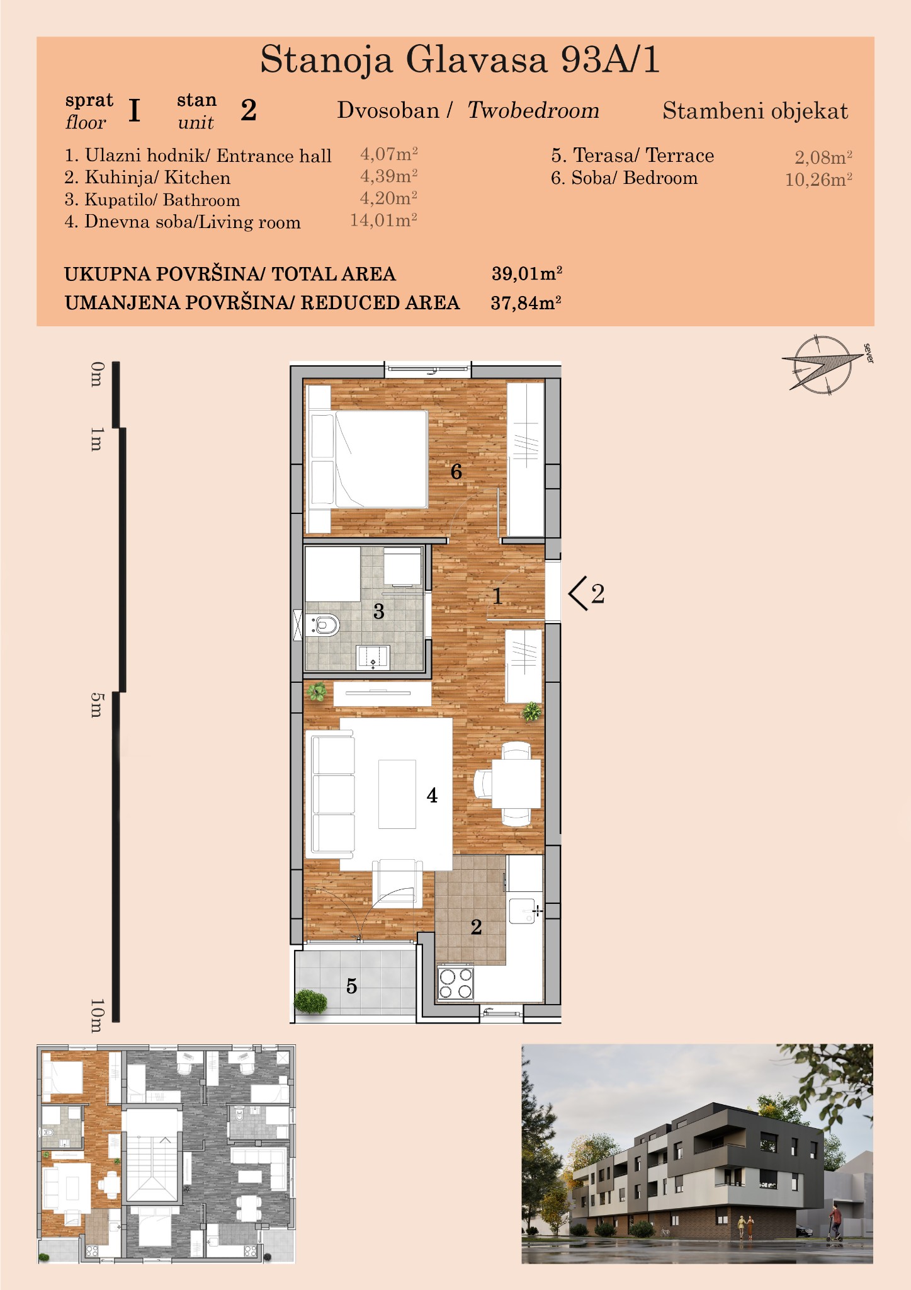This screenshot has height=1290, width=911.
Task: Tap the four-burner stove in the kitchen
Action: [456, 983]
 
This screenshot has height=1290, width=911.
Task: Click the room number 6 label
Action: [456, 471]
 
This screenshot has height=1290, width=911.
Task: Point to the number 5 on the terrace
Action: [351, 986]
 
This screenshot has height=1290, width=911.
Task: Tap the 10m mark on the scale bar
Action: [96, 1015]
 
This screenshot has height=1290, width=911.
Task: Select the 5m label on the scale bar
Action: [96, 705]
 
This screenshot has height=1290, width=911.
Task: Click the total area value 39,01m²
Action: [527, 273]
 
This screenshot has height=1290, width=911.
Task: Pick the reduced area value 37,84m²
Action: [526, 303]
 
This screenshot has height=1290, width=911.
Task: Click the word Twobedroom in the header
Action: [533, 110]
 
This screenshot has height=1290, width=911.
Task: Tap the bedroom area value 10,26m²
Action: [818, 180]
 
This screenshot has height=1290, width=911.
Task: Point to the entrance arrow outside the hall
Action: [578, 593]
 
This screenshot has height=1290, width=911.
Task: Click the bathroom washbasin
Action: [373, 658]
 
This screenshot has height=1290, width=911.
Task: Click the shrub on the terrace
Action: [310, 1001]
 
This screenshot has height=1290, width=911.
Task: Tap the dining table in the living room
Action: [516, 784]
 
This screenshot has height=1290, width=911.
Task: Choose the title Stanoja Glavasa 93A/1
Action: [460, 60]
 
